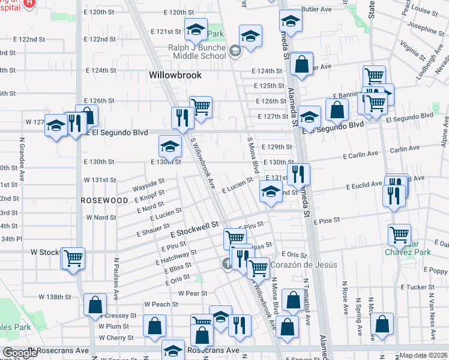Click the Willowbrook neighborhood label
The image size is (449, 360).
click(x=175, y=76)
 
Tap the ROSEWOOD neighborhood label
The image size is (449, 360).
click(x=105, y=200)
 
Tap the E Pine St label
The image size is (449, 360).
click(x=327, y=221)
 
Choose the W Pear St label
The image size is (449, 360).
click(x=193, y=293)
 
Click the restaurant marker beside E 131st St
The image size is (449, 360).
click(x=298, y=175)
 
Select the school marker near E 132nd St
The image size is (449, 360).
click(x=271, y=192)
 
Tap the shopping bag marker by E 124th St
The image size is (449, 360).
click(x=303, y=63)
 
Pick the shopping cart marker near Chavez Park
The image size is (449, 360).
click(x=399, y=235)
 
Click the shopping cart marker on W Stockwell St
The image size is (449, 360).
click(x=73, y=258)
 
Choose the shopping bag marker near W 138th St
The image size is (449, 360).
click(x=95, y=304)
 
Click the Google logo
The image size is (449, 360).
click(x=20, y=353)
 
